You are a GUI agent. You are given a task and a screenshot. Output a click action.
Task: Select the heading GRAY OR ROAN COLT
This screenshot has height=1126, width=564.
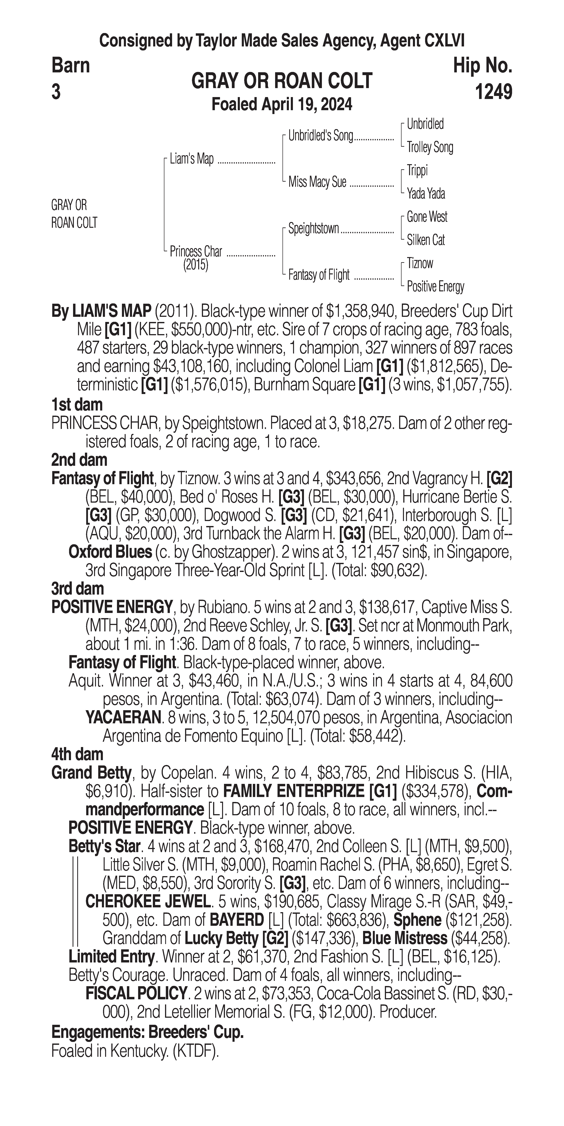click(x=282, y=81)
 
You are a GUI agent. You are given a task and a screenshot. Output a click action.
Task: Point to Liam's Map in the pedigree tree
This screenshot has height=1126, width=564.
click(x=191, y=159)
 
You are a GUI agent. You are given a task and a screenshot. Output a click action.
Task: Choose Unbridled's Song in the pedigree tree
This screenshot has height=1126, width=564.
click(x=320, y=136)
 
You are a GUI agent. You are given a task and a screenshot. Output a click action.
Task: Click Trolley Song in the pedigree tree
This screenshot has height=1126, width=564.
click(x=430, y=147)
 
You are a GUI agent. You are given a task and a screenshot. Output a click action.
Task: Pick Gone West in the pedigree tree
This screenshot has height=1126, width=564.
click(x=427, y=217)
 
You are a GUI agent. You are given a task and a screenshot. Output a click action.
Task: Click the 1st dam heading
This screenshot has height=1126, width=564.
click(x=77, y=405)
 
